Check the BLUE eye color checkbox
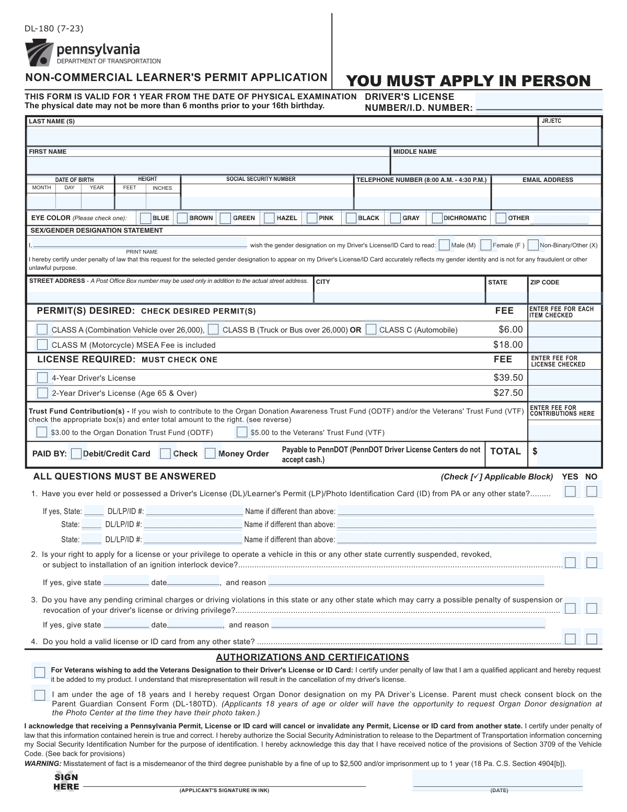coord(146,218)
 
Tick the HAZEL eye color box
coord(269,218)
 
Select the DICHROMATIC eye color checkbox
coord(437,218)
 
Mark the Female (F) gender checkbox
coord(486,245)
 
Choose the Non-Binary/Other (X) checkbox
coord(533,245)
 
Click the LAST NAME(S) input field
coord(282,136)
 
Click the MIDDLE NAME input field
coord(496,165)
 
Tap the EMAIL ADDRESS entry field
coord(547,201)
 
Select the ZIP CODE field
coord(564,296)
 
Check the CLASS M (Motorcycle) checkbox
coord(42,345)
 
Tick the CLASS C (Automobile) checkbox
coord(371,329)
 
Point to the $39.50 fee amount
coord(508,378)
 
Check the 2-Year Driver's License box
coord(42,393)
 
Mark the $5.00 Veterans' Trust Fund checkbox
coord(242,432)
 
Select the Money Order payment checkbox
coord(210,453)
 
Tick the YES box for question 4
coord(570,639)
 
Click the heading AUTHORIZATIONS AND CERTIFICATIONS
coord(312,657)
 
